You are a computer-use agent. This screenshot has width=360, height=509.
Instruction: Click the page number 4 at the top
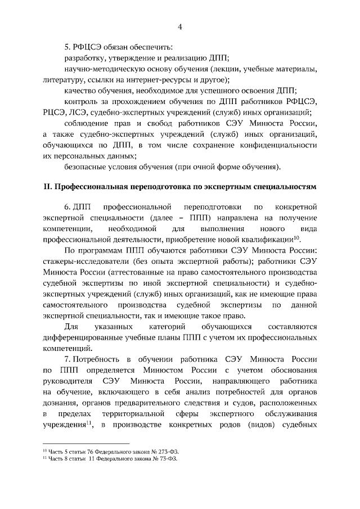pyautogui.click(x=179, y=26)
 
